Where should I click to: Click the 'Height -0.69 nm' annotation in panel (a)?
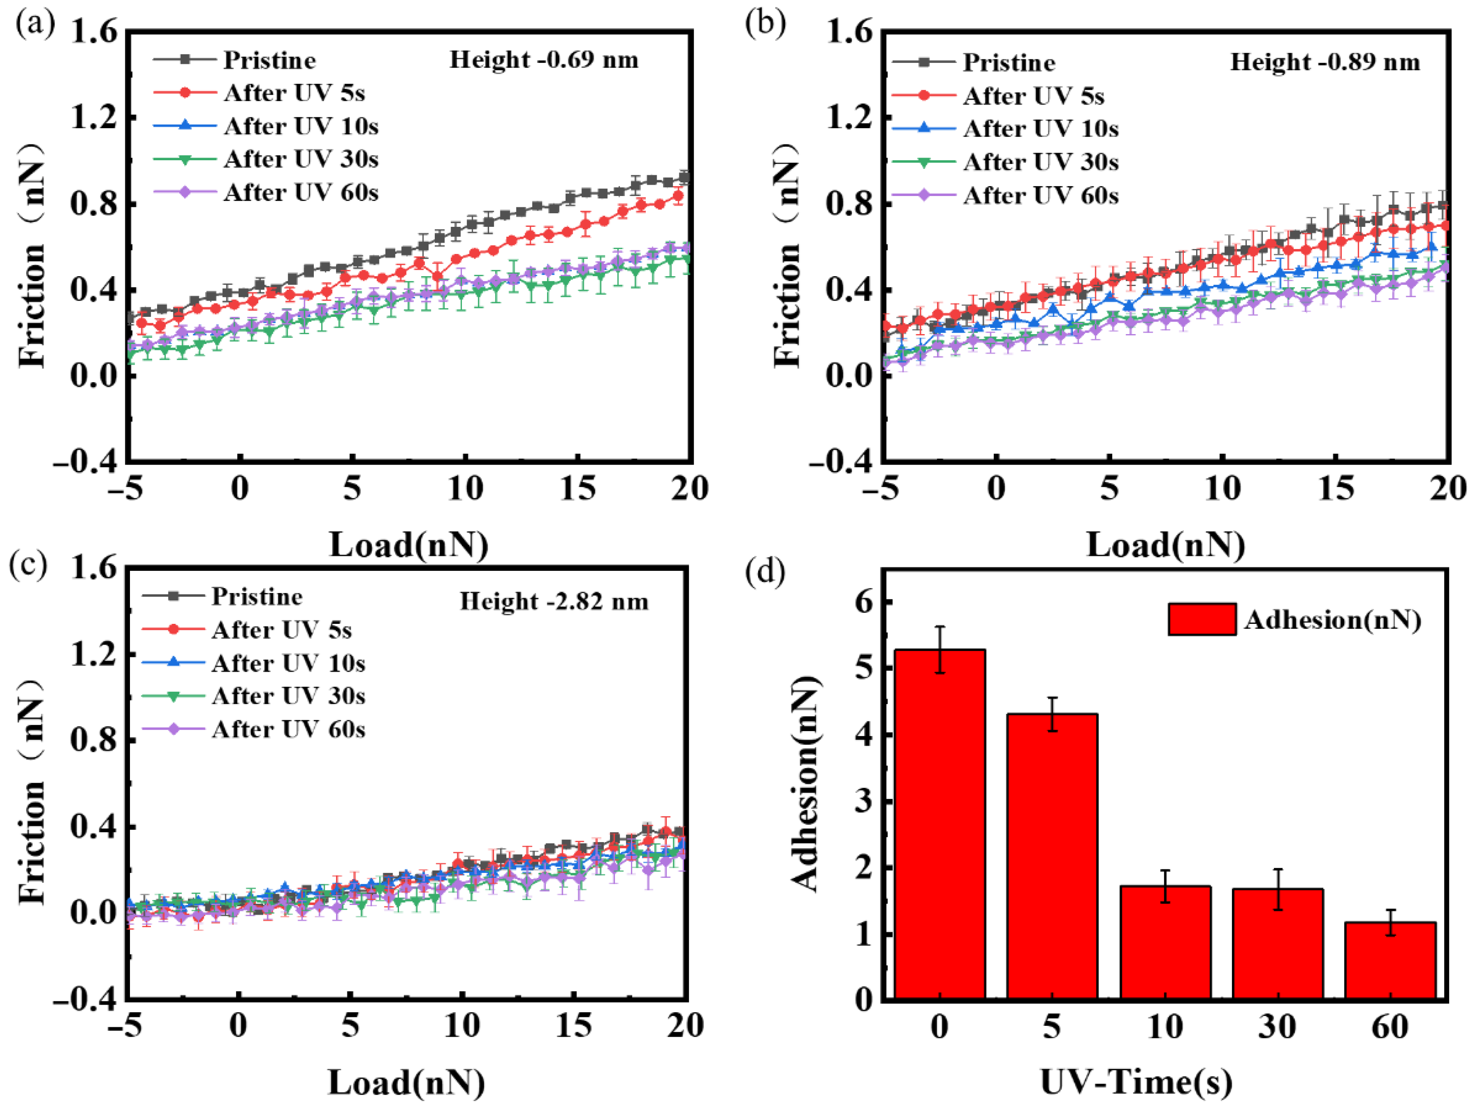543,60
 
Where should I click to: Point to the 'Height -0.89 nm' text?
1325,62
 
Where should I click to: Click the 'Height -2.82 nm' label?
553,602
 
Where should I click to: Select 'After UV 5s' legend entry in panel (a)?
294,93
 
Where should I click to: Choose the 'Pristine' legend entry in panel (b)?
1008,63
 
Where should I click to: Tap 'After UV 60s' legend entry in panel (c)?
288,729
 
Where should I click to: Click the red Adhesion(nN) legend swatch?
1202,619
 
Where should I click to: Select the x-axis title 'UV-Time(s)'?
1136,1082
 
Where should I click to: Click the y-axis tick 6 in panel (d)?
863,602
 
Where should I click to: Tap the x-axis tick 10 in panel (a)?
464,489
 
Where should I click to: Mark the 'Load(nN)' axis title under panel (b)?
1165,545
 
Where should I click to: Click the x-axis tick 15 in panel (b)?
1335,489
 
